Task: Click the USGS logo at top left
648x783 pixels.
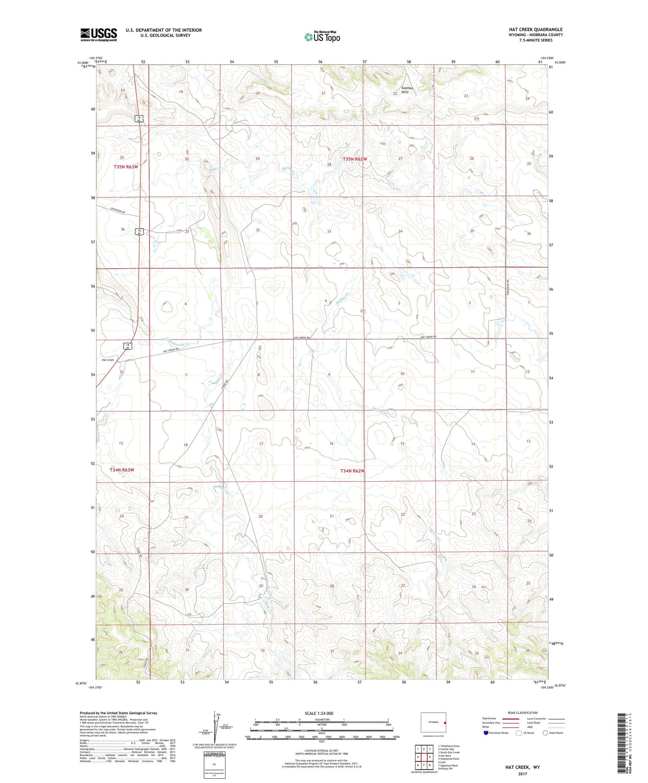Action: click(x=98, y=35)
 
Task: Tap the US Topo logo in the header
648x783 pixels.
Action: click(x=322, y=37)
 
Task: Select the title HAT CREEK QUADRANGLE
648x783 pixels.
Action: click(x=536, y=29)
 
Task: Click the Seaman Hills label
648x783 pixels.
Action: click(x=407, y=90)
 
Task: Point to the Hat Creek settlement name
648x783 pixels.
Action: click(x=108, y=360)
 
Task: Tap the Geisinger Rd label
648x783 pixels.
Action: click(x=118, y=211)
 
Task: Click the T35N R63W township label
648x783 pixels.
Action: click(x=126, y=167)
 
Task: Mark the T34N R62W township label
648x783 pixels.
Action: click(x=353, y=471)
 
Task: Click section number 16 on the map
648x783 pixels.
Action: click(x=331, y=444)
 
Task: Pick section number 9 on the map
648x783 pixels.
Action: click(x=329, y=374)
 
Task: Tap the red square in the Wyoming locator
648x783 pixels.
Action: click(x=444, y=722)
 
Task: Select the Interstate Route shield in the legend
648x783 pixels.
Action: click(x=486, y=733)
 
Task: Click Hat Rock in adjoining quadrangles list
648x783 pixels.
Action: click(x=445, y=756)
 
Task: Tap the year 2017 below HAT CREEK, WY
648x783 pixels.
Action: click(x=522, y=774)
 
